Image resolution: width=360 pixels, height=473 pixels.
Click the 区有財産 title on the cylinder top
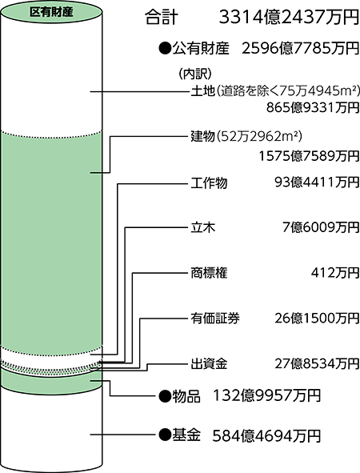[51, 12]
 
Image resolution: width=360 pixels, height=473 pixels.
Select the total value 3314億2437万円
[289, 17]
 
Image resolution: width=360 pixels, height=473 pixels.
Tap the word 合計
[162, 18]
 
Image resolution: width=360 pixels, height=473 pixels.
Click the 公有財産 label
[201, 49]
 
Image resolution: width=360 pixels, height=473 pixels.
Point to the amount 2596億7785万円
[301, 48]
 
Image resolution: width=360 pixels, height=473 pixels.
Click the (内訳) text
[195, 74]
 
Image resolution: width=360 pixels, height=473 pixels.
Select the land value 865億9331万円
[313, 107]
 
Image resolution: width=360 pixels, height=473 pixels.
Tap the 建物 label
[202, 136]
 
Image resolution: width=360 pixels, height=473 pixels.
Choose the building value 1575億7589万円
[309, 156]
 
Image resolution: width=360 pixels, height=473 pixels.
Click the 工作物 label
[209, 183]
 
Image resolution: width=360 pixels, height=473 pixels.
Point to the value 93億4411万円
[317, 182]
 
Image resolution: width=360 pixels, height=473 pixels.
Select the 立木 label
[203, 227]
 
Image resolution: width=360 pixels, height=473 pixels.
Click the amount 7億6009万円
[321, 227]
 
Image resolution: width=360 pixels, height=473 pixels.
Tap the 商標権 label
[209, 273]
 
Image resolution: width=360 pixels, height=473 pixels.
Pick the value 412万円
[335, 273]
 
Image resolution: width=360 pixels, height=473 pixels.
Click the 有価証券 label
[215, 319]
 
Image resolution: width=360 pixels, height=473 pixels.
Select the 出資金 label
[209, 364]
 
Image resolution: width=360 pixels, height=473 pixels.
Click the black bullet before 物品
[165, 395]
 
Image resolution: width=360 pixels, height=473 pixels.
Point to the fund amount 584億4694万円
[266, 436]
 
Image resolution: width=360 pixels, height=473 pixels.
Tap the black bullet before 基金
[165, 435]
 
